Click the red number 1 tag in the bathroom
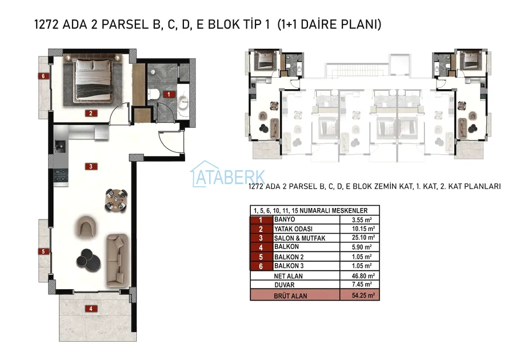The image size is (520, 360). (169, 94)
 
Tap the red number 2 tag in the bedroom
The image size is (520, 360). (91, 113)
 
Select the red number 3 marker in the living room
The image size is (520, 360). (91, 166)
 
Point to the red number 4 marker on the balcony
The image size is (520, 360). (91, 309)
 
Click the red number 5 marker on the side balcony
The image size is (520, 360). (43, 251)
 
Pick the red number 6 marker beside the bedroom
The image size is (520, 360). (43, 76)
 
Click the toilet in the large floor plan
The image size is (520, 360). (153, 94)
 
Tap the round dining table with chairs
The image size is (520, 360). (116, 200)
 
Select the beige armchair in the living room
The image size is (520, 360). (86, 226)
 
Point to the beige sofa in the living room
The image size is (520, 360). (117, 260)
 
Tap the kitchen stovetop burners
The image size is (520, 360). (61, 175)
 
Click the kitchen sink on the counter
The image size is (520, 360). (61, 146)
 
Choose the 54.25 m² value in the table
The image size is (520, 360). (363, 295)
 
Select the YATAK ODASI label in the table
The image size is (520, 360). (293, 229)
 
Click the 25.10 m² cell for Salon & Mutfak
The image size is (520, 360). (363, 238)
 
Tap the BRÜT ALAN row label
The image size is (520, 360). (290, 295)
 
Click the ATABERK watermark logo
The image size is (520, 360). (227, 174)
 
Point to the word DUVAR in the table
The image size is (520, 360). (284, 285)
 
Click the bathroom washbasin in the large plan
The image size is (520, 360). (183, 102)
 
